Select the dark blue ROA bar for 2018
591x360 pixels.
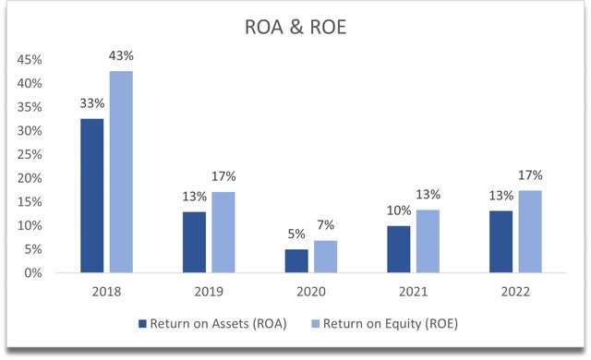(92, 196)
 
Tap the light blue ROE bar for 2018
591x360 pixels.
(121, 172)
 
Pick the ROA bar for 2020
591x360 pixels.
(296, 261)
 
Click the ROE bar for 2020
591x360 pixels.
(325, 257)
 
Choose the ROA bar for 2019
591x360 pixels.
(195, 242)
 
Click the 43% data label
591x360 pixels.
(121, 57)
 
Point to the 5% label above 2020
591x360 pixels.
(296, 236)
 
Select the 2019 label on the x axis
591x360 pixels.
(209, 291)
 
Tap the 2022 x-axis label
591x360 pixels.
(515, 291)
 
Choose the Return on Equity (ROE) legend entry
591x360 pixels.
(388, 324)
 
